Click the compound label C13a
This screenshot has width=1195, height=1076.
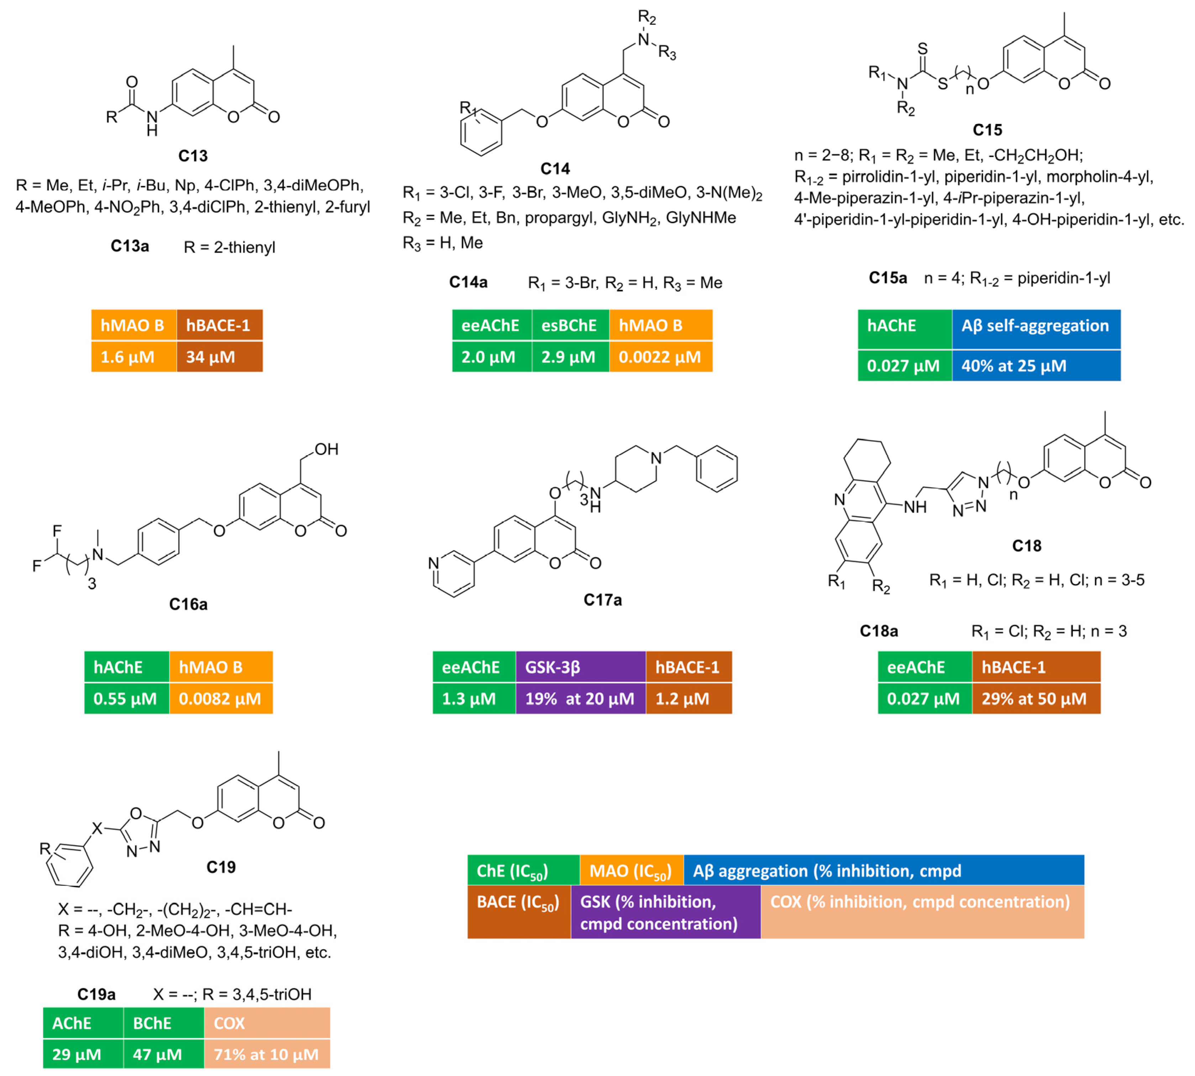[x=130, y=246]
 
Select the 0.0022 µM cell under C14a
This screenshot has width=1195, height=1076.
[x=660, y=357]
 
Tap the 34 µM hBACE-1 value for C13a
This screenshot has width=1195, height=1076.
[x=219, y=357]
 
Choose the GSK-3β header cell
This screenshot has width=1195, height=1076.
[x=580, y=668]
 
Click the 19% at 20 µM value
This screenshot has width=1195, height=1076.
[x=580, y=699]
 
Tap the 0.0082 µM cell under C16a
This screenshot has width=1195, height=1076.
[x=220, y=699]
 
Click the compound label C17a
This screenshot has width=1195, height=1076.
[x=602, y=600]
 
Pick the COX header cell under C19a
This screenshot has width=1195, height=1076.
[x=267, y=1023]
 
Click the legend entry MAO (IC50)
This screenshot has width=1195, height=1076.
[x=630, y=871]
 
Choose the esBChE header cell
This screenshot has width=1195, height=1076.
[x=569, y=326]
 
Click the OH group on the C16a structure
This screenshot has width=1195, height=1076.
[x=326, y=449]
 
